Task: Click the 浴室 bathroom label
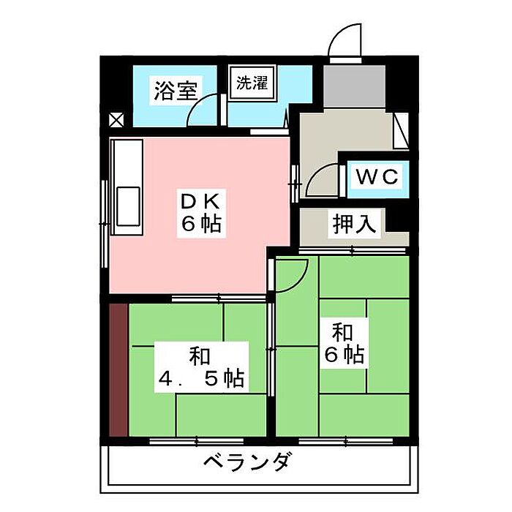click(x=176, y=91)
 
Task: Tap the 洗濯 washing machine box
click(x=252, y=82)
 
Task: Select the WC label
click(x=377, y=177)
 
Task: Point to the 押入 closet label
click(x=354, y=224)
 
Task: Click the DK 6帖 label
click(x=201, y=214)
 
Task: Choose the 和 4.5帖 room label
click(x=201, y=367)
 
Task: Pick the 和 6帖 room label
click(x=345, y=343)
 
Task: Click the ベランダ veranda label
click(x=246, y=462)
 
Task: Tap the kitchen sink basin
click(x=128, y=206)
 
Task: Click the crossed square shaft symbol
click(x=116, y=120)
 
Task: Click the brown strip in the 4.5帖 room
click(x=118, y=369)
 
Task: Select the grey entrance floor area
click(x=354, y=86)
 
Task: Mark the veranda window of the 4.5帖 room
click(x=197, y=442)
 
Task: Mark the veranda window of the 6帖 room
click(x=346, y=442)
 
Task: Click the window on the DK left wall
click(x=105, y=224)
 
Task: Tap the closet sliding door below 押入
click(x=352, y=250)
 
